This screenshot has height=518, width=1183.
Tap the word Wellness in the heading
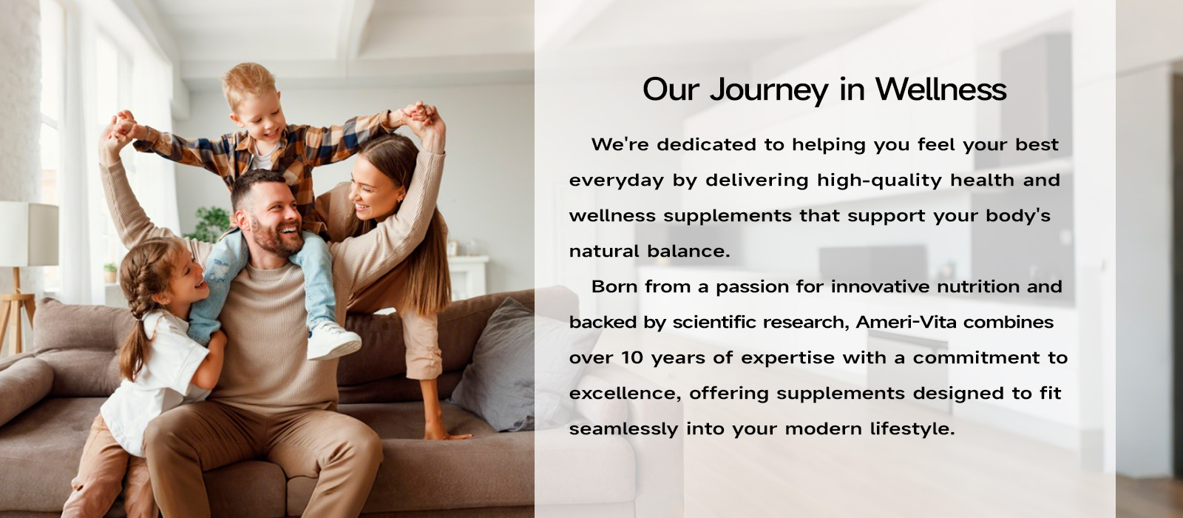[x=941, y=89]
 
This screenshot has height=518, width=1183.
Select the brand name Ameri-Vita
[x=906, y=322]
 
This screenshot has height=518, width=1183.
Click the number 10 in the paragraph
[x=631, y=358]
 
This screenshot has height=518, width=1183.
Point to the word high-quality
[x=879, y=181]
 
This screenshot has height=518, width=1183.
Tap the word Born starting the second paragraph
[x=614, y=286]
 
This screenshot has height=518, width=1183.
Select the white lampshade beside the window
[x=29, y=234]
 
